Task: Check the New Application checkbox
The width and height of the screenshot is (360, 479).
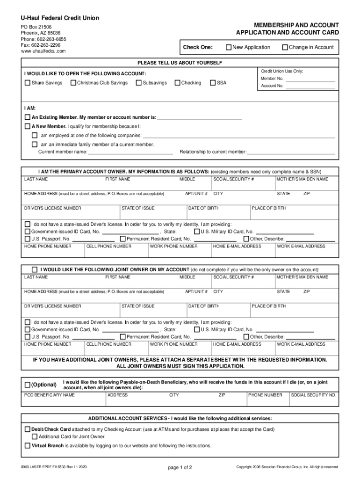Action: pos(229,47)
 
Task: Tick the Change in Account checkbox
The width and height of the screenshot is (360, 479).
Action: pos(285,47)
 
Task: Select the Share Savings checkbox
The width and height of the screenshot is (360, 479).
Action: pos(27,83)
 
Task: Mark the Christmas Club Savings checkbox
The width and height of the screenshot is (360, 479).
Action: pos(73,83)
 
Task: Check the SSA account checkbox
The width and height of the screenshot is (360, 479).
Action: pos(213,83)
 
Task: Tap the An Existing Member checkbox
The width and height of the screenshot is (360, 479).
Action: pos(27,117)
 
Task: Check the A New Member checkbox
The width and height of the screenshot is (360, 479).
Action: pos(27,127)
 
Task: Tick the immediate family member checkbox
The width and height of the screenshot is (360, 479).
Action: pos(34,145)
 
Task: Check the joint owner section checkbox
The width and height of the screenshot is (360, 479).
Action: pos(34,270)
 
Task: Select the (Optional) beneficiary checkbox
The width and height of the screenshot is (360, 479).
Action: pos(27,385)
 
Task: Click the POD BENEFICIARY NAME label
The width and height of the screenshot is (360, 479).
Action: pos(49,395)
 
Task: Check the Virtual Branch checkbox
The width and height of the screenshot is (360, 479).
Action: pos(27,446)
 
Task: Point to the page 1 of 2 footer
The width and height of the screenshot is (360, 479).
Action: pos(180,467)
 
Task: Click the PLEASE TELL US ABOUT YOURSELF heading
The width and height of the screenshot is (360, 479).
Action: pos(180,63)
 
